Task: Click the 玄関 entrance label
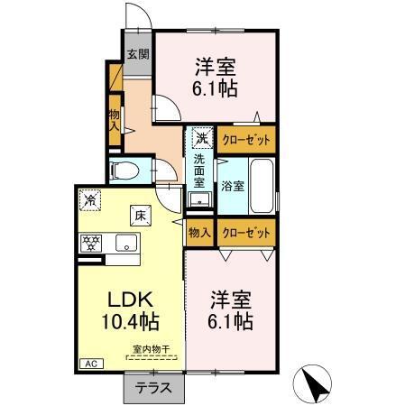138,54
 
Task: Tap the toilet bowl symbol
124,171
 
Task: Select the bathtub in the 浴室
262,186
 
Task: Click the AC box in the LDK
91,364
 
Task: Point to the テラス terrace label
153,388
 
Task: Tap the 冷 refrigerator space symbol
90,200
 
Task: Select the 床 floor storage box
141,216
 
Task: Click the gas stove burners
91,244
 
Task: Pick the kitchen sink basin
126,243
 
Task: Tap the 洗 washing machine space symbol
202,138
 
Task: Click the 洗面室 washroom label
198,171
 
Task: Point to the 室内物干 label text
152,349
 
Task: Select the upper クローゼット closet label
246,140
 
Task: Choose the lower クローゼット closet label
246,233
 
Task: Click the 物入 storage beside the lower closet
198,233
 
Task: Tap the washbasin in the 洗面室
198,199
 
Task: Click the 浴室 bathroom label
233,186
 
